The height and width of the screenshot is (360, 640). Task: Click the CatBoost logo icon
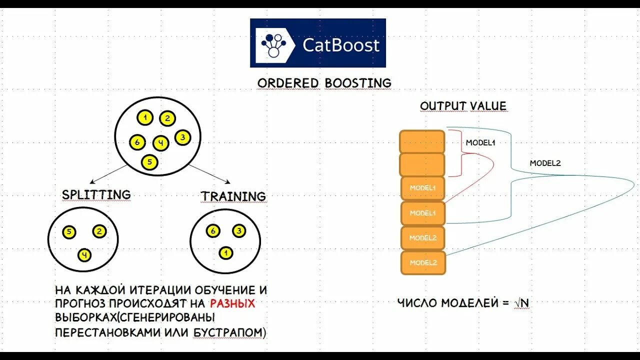(x=273, y=43)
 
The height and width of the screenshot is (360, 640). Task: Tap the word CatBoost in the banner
(x=341, y=45)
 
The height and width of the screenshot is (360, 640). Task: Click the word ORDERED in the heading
(x=288, y=82)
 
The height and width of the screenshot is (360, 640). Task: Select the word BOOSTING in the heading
(x=358, y=82)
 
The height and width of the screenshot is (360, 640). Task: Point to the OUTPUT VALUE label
(x=463, y=106)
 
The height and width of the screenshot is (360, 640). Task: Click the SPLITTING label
(x=96, y=194)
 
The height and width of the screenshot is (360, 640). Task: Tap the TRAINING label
(x=233, y=196)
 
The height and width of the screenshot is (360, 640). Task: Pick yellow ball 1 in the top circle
(x=145, y=118)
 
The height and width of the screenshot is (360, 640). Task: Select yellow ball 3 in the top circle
(x=183, y=137)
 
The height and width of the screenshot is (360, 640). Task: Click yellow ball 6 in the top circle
(x=136, y=142)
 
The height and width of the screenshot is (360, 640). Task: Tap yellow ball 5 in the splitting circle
(x=69, y=232)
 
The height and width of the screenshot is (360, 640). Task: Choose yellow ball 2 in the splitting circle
(x=99, y=231)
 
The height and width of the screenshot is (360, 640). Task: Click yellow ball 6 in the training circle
(x=213, y=231)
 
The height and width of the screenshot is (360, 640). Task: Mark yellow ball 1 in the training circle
(x=226, y=253)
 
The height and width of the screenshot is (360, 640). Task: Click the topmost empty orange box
(x=422, y=141)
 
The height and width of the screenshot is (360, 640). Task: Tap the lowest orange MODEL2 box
(x=423, y=262)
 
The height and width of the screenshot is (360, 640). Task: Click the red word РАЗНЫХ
(x=232, y=303)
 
